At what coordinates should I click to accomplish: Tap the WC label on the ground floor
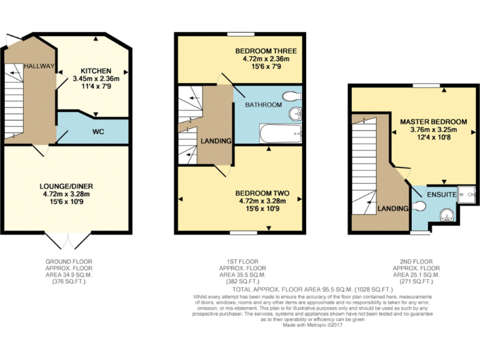[97, 132]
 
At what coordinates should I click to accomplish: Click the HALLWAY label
[39, 66]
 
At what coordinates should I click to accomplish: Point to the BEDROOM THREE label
[266, 51]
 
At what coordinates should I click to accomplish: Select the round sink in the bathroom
[294, 114]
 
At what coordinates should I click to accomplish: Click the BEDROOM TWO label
[262, 192]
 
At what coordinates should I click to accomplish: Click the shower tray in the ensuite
[466, 195]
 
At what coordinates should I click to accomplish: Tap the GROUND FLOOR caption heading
[66, 261]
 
